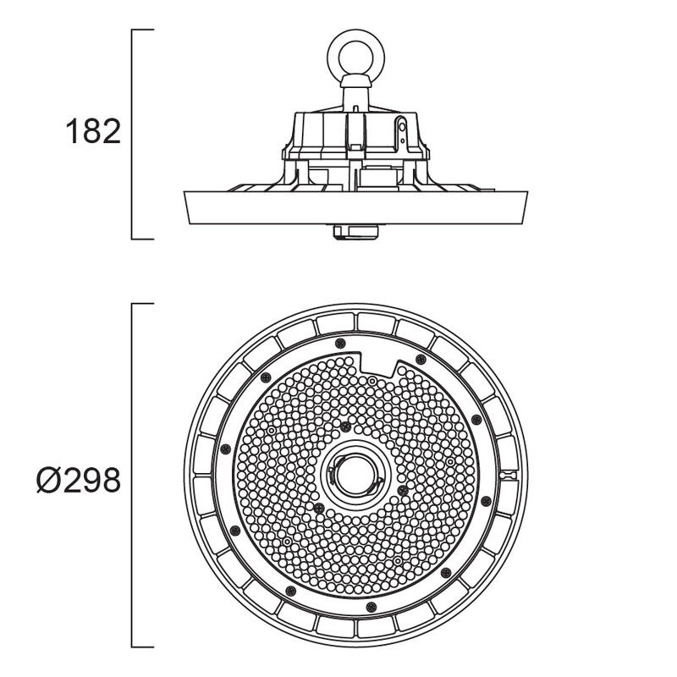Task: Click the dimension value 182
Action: pos(93,131)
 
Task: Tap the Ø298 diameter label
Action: pos(79,481)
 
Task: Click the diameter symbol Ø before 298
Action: pos(48,481)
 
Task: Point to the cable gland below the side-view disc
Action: pos(355,232)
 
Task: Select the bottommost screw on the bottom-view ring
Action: pos(371,607)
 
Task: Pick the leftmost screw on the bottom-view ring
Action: pos(225,449)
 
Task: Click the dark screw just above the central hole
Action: pos(344,427)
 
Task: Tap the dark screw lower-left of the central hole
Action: pos(319,508)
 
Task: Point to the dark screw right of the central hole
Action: pos(403,490)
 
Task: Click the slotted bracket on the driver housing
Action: pos(402,130)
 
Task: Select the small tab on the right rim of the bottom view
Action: pos(508,475)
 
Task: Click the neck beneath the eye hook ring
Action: pos(355,94)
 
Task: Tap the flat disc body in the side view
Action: pos(355,207)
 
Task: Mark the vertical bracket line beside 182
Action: pos(132,135)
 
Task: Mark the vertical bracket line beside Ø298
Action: pos(132,476)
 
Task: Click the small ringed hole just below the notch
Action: pos(372,381)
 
